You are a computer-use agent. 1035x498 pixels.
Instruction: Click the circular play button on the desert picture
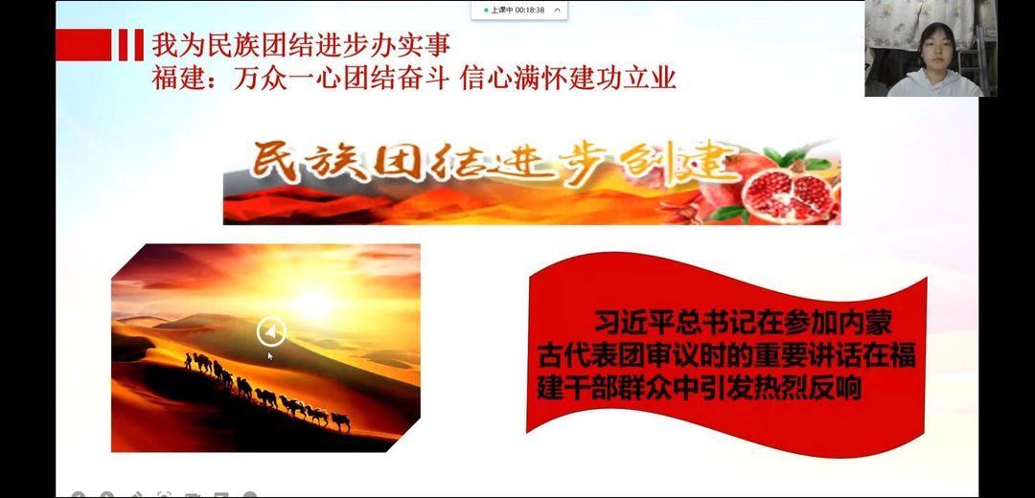tap(271, 331)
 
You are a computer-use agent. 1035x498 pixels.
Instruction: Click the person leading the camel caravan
tap(188, 361)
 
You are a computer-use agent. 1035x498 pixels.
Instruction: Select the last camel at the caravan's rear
tap(340, 422)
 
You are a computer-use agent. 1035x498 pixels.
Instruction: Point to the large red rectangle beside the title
tap(83, 45)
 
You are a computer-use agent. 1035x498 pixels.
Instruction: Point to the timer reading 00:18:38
tap(530, 10)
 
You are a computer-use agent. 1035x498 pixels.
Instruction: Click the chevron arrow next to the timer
tap(557, 10)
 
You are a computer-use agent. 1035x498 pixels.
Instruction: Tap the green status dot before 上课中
tap(487, 11)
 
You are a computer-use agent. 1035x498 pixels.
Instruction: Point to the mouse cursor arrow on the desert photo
tap(270, 356)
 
